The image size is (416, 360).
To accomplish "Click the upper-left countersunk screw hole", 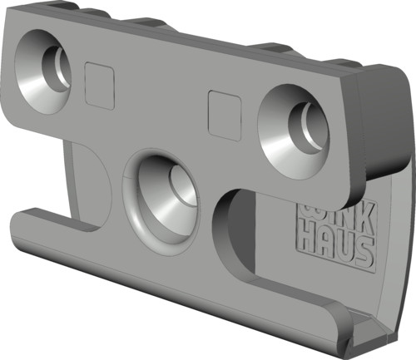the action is [x=42, y=72].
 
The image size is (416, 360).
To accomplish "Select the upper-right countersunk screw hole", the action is [x=294, y=131].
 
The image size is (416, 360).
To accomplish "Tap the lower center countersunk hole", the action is [x=161, y=197].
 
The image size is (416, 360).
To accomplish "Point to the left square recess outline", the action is [x=100, y=86].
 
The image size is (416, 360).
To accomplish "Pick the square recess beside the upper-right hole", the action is [x=225, y=116].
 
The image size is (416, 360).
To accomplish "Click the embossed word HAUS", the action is [x=335, y=248].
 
